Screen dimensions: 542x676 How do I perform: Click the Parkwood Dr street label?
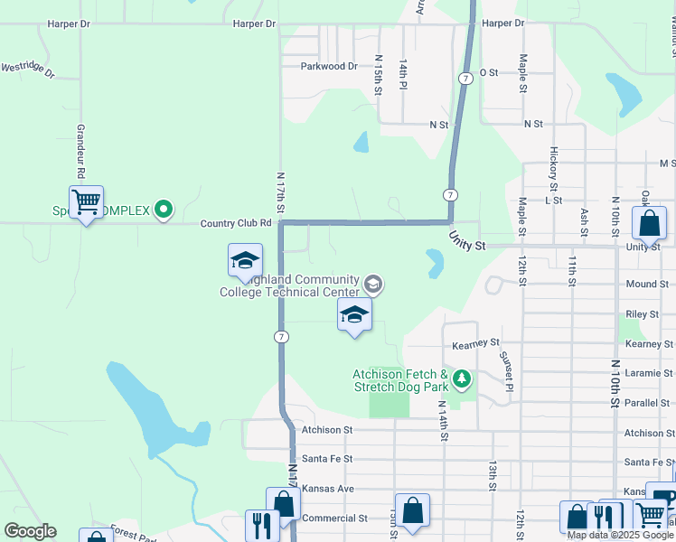pyautogui.click(x=329, y=66)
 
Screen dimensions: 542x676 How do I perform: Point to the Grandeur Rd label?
pyautogui.click(x=80, y=151)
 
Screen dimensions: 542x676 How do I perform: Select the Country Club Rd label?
pyautogui.click(x=236, y=223)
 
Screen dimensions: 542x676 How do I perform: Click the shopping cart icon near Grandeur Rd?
pyautogui.click(x=86, y=201)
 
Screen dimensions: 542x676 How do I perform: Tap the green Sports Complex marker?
pyautogui.click(x=164, y=210)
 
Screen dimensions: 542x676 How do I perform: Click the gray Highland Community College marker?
pyautogui.click(x=371, y=285)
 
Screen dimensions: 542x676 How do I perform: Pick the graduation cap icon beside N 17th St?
pyautogui.click(x=245, y=260)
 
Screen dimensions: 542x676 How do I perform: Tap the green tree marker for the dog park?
pyautogui.click(x=462, y=378)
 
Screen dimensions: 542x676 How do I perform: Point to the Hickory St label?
pyautogui.click(x=554, y=168)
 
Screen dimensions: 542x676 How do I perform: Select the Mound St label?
pyautogui.click(x=647, y=284)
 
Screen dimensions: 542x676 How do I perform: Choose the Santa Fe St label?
pyautogui.click(x=327, y=459)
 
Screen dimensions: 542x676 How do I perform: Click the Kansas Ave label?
pyautogui.click(x=327, y=488)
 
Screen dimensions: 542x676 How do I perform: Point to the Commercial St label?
pyautogui.click(x=334, y=519)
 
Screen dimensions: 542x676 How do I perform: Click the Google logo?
pyautogui.click(x=30, y=531)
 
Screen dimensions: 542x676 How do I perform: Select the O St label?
pyautogui.click(x=489, y=72)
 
